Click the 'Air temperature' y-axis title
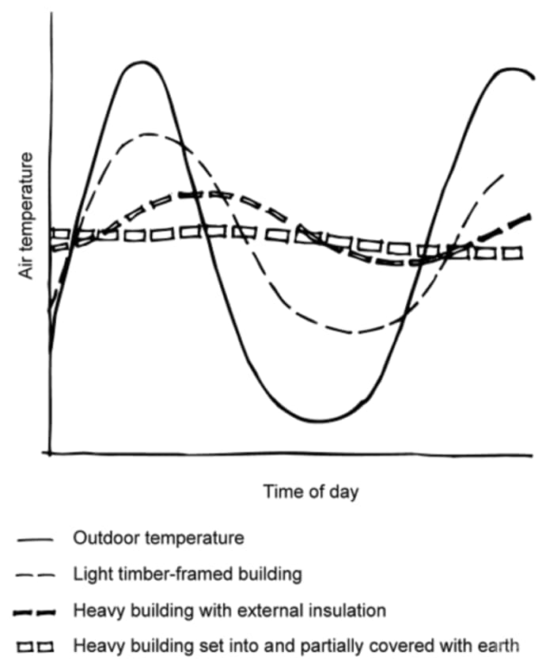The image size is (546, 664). click(x=27, y=214)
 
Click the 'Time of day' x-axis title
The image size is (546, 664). click(x=311, y=491)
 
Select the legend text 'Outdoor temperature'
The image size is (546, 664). click(x=158, y=538)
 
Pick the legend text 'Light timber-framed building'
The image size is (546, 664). click(x=188, y=575)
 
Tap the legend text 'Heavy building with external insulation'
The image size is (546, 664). click(x=229, y=611)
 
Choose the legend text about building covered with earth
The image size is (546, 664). click(x=296, y=646)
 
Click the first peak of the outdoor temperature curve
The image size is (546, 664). click(x=142, y=62)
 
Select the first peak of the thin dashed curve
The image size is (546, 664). click(x=149, y=134)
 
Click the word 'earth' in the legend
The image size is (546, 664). click(x=502, y=646)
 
